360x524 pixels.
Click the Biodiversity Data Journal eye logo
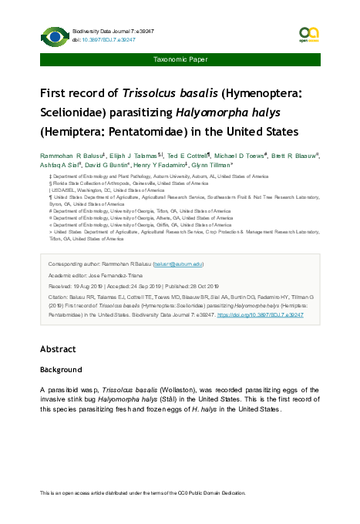pos(54,35)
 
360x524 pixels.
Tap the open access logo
pos(308,34)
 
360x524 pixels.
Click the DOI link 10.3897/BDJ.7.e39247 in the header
pos(105,39)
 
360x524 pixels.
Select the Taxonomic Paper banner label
pos(180,59)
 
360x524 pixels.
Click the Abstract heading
pos(58,349)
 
